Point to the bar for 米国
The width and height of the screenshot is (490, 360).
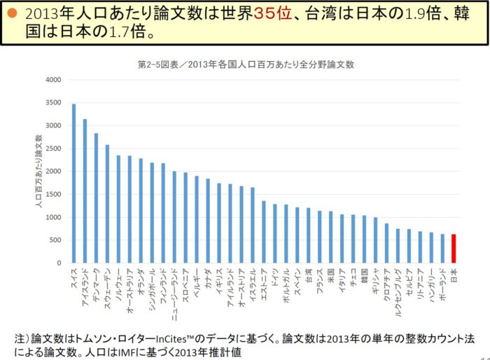point(330,237)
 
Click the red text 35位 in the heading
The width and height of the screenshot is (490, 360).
point(275,14)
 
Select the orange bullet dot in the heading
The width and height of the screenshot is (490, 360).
point(12,14)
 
